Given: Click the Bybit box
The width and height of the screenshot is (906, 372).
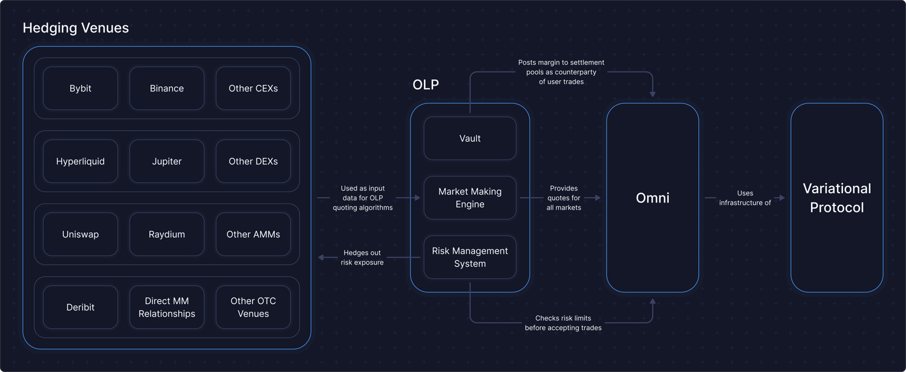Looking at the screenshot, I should point(80,89).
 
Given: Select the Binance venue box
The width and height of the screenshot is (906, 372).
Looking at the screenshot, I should point(167,89).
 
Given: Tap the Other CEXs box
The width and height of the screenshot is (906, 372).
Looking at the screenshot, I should point(253,89).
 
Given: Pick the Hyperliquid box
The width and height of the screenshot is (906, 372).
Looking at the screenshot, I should point(80,161).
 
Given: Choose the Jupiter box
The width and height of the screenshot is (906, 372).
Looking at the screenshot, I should point(167,161).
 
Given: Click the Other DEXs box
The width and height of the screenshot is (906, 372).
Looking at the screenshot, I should point(253,161).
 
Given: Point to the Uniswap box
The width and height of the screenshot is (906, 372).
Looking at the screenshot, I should point(80,234).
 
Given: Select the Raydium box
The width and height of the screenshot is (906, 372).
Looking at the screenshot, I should point(167,234).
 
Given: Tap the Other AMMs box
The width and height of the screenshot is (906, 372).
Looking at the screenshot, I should point(253,234).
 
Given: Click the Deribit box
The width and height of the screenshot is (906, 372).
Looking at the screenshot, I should point(80,307).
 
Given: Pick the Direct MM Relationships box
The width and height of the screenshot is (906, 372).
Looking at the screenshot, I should point(167,307).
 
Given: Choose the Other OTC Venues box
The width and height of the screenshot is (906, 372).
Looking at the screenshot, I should point(253,307).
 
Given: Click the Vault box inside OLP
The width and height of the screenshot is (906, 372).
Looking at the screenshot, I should point(470,139).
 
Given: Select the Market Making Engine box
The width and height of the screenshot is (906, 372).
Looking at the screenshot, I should point(470,198).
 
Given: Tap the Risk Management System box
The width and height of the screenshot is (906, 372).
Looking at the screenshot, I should point(470,257).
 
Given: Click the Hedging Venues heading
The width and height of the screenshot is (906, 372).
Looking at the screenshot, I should point(75,28).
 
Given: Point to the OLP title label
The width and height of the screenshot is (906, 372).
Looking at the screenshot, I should point(426,84).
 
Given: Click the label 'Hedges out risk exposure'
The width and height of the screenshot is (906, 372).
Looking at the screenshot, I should point(362,257).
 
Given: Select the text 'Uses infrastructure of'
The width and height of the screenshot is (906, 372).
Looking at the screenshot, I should point(745,198).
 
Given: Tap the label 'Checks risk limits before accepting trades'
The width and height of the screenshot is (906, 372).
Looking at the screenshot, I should point(563,323).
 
